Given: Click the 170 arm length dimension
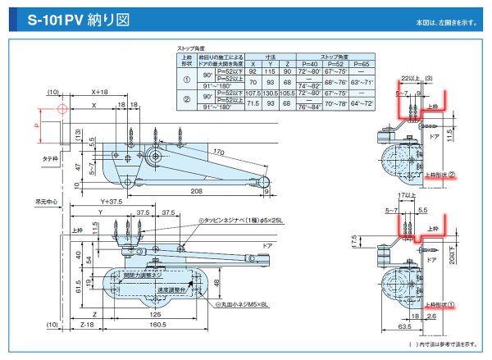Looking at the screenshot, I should pos(219,152).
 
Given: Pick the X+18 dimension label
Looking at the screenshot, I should pos(102,92).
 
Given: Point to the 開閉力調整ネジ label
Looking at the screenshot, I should pos(139,276).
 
